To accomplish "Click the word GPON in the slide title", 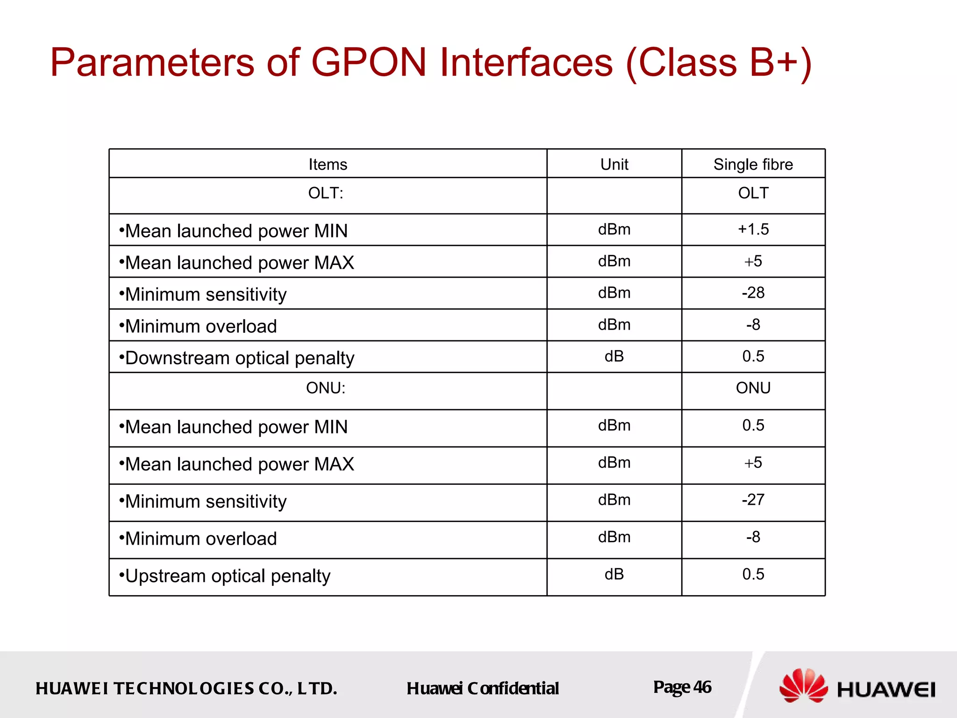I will [369, 63].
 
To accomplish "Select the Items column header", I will [328, 165].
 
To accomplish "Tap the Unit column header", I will [614, 165].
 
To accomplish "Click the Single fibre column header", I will [753, 165].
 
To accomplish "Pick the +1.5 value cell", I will [753, 230].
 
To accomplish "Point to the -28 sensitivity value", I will [753, 293].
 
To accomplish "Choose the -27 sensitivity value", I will [753, 500].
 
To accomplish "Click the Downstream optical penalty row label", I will [240, 358].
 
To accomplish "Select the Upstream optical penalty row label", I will [228, 576].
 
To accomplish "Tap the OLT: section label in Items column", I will [326, 193].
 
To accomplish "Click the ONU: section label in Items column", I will [326, 388].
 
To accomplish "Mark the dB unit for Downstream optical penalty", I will [614, 357].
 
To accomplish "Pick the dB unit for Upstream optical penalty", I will [614, 574].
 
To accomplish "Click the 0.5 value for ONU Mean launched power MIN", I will [753, 425].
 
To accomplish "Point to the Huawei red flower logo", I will [803, 685].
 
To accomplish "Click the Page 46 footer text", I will [682, 687].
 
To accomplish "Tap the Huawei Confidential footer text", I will [482, 689].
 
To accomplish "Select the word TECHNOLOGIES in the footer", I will [184, 689].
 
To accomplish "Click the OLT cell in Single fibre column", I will [753, 193].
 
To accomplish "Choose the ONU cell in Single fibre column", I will [753, 388].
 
